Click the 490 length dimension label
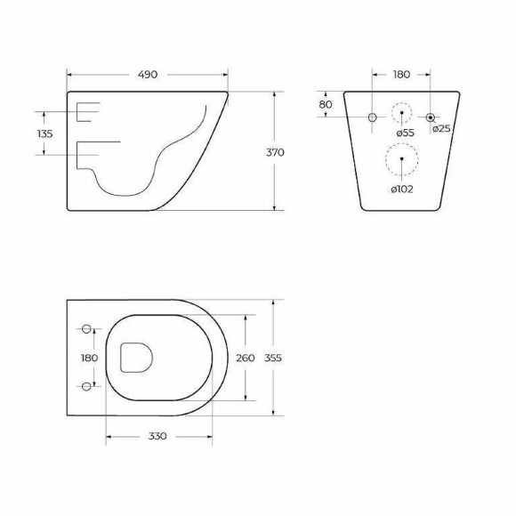pos(147,75)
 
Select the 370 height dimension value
pos(276,152)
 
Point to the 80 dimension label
pos(325,104)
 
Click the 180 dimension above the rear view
pos(402,75)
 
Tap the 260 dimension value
pos(245,358)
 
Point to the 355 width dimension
pos(274,358)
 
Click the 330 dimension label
pos(157,437)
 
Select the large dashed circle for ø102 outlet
pos(401,160)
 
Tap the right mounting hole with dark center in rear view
pos(431,117)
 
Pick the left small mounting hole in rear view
pos(373,117)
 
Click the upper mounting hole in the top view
pos(87,330)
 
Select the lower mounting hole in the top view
pos(87,385)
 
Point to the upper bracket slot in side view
pos(89,112)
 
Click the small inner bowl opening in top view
pos(136,358)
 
